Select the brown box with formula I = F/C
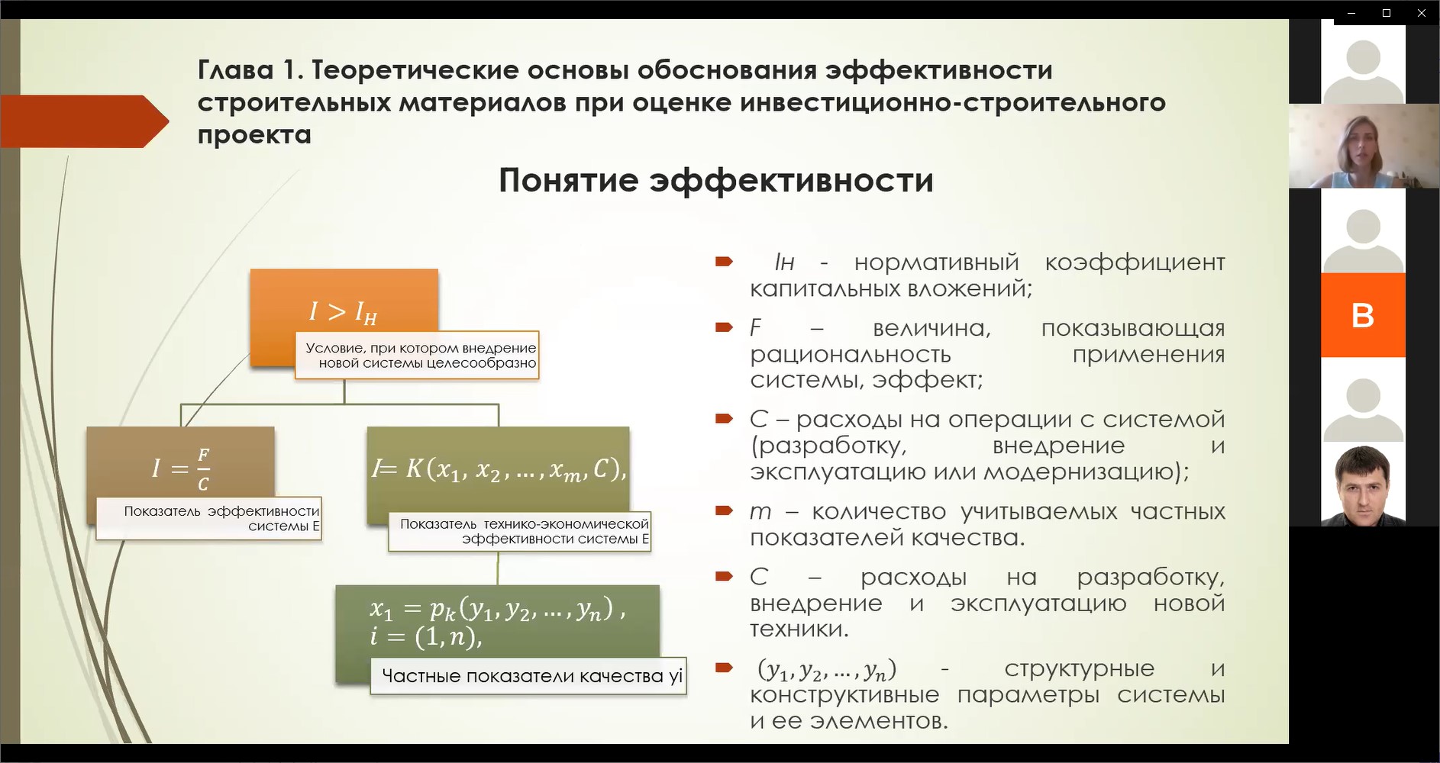[181, 465]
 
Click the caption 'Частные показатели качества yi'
[528, 676]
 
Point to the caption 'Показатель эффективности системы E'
[209, 519]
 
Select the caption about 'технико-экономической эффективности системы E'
[519, 531]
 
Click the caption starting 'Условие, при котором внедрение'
[418, 355]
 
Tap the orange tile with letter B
[1363, 315]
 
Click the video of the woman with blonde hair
[1364, 146]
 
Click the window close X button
[1422, 13]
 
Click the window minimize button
[1351, 13]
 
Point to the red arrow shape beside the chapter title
[85, 121]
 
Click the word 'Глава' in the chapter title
[235, 70]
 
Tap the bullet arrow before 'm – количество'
[724, 510]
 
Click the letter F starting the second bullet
[756, 328]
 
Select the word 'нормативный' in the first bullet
[936, 263]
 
